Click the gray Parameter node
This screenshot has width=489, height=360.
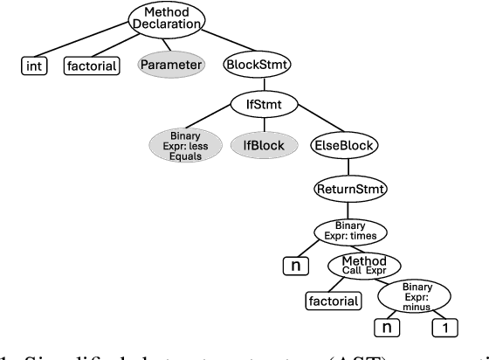coord(172,65)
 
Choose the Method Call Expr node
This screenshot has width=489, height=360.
coord(362,265)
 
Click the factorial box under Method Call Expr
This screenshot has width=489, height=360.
coord(335,301)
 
